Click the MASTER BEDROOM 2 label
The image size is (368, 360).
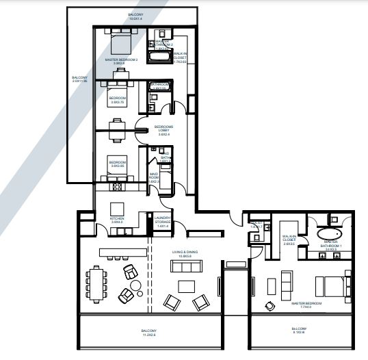(x=121, y=62)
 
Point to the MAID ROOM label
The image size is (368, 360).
(x=155, y=177)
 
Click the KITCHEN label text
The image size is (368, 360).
(x=116, y=220)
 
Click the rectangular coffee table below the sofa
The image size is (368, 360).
(x=186, y=285)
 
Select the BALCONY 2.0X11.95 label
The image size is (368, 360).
(x=79, y=80)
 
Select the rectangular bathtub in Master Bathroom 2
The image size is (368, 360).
(x=159, y=59)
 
